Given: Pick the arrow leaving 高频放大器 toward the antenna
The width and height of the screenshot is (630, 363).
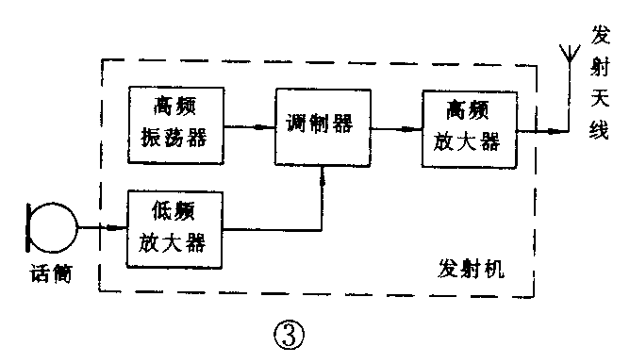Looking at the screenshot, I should [x=540, y=129].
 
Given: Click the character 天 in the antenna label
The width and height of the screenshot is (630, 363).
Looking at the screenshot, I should [x=601, y=97].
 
